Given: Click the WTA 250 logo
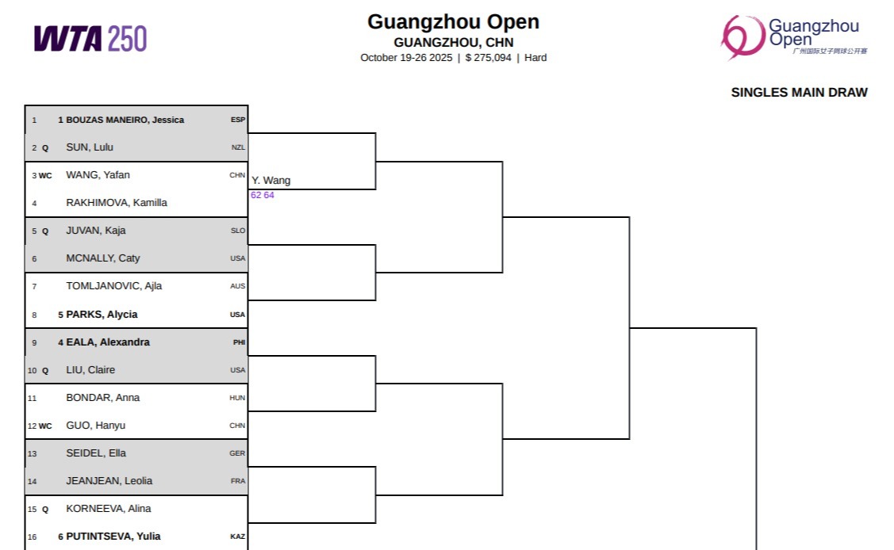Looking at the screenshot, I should [x=90, y=38].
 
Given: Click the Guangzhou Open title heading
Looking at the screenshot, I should [x=453, y=22].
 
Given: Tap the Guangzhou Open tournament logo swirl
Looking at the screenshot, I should [x=742, y=36].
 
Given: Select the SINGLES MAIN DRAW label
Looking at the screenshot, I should [x=799, y=93].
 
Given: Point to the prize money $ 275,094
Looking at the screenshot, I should [x=488, y=58].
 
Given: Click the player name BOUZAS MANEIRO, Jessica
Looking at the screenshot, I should [x=125, y=120].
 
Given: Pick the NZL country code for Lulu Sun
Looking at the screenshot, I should [x=238, y=147].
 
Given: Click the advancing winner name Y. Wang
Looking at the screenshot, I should [x=271, y=181].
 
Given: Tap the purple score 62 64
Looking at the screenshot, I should [x=263, y=195].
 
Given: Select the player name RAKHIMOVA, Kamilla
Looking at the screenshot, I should [x=117, y=203].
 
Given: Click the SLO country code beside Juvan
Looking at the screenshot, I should [x=238, y=231].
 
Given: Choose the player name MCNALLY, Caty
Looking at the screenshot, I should [x=103, y=258].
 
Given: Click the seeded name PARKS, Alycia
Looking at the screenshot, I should [x=102, y=315].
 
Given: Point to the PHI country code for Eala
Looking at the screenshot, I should [x=239, y=342].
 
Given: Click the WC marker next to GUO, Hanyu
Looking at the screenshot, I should [x=45, y=426].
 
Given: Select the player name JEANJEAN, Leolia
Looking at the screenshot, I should [x=109, y=481].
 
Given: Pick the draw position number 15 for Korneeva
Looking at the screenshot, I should [x=33, y=509].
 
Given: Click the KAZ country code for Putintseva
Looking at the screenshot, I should [x=238, y=537].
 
